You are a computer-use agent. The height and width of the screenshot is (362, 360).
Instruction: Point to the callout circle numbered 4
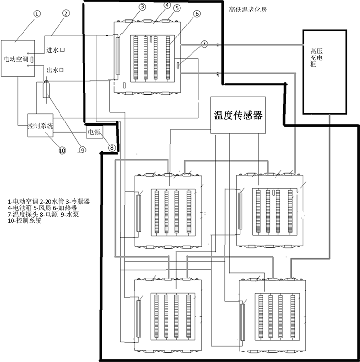pos(166,5)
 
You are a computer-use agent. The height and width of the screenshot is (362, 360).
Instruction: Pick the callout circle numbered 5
pos(177,8)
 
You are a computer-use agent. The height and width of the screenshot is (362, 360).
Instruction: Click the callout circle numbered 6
pos(197,14)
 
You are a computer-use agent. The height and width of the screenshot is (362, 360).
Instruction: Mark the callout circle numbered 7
pos(204,44)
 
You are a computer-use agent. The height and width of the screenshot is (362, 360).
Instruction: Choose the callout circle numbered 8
pos(111,147)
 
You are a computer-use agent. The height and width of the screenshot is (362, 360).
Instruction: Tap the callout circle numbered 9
pos(82,150)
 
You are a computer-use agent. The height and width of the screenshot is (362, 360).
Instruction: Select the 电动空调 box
pos(18,60)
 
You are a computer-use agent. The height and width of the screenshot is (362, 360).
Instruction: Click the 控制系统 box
pos(40,125)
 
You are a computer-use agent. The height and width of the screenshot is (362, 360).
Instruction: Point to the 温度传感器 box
pos(238,115)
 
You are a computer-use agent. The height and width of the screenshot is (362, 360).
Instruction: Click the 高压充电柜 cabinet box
pos(324,72)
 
